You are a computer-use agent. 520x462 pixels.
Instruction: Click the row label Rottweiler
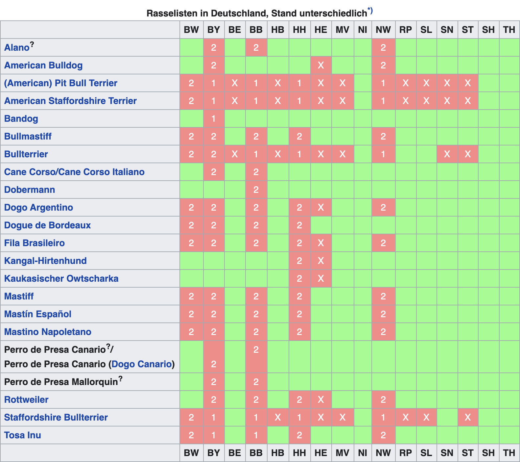[26, 399]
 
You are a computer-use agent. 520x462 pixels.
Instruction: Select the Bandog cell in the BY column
[214, 118]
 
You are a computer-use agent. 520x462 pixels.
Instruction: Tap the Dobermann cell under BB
[256, 190]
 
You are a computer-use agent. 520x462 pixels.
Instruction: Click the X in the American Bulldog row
[321, 65]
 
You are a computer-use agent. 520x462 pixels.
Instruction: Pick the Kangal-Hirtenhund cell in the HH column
[299, 261]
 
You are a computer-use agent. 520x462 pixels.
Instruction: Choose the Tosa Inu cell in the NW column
[383, 435]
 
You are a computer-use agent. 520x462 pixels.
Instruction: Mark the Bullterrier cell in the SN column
[447, 154]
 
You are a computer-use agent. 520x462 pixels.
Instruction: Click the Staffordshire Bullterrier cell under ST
[468, 417]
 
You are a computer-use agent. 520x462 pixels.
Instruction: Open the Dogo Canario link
[141, 364]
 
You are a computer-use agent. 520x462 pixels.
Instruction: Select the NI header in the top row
[363, 30]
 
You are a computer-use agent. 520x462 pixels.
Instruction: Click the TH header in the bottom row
[509, 453]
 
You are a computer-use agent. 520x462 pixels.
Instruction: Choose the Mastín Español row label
[38, 314]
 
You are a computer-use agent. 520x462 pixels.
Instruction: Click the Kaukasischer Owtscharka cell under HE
[321, 278]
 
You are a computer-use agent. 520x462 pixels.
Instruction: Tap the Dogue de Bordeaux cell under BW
[191, 225]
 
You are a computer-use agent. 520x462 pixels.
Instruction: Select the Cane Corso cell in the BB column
[256, 172]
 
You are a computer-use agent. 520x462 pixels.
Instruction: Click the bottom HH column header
[299, 453]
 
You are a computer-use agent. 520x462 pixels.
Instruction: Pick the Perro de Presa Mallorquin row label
[63, 382]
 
